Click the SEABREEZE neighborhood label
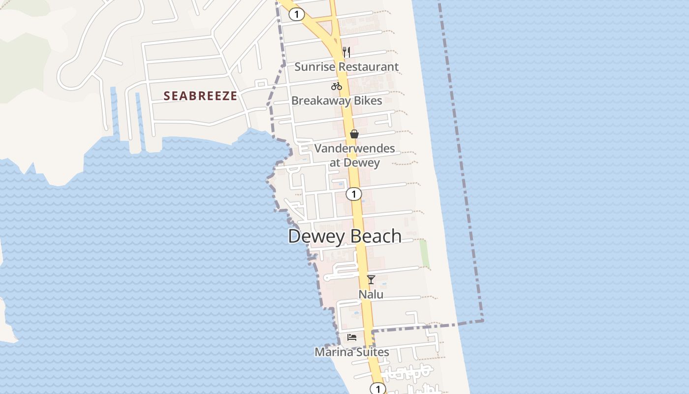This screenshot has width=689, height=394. tap(200, 96)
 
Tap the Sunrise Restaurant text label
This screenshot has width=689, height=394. tap(346, 67)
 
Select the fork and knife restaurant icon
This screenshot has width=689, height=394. tap(346, 52)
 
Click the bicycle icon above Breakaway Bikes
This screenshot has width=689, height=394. tap(337, 86)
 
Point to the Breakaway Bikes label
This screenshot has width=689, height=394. tap(337, 101)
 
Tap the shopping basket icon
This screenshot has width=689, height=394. tap(354, 133)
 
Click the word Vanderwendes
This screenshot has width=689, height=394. tap(354, 148)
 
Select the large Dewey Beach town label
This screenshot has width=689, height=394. tap(344, 236)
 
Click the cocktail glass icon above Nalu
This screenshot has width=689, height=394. tap(371, 280)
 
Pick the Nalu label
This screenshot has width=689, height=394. tap(371, 295)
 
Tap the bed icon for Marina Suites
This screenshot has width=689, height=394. tap(352, 337)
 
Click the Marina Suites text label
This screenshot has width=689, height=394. tap(352, 352)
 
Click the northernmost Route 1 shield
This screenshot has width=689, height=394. tap(296, 14)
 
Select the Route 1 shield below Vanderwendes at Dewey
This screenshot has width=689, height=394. tap(353, 194)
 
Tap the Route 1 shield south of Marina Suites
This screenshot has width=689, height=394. tap(377, 389)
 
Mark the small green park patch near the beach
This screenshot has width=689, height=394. tap(424, 254)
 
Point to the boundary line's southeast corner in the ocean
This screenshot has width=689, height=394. tap(482, 321)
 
